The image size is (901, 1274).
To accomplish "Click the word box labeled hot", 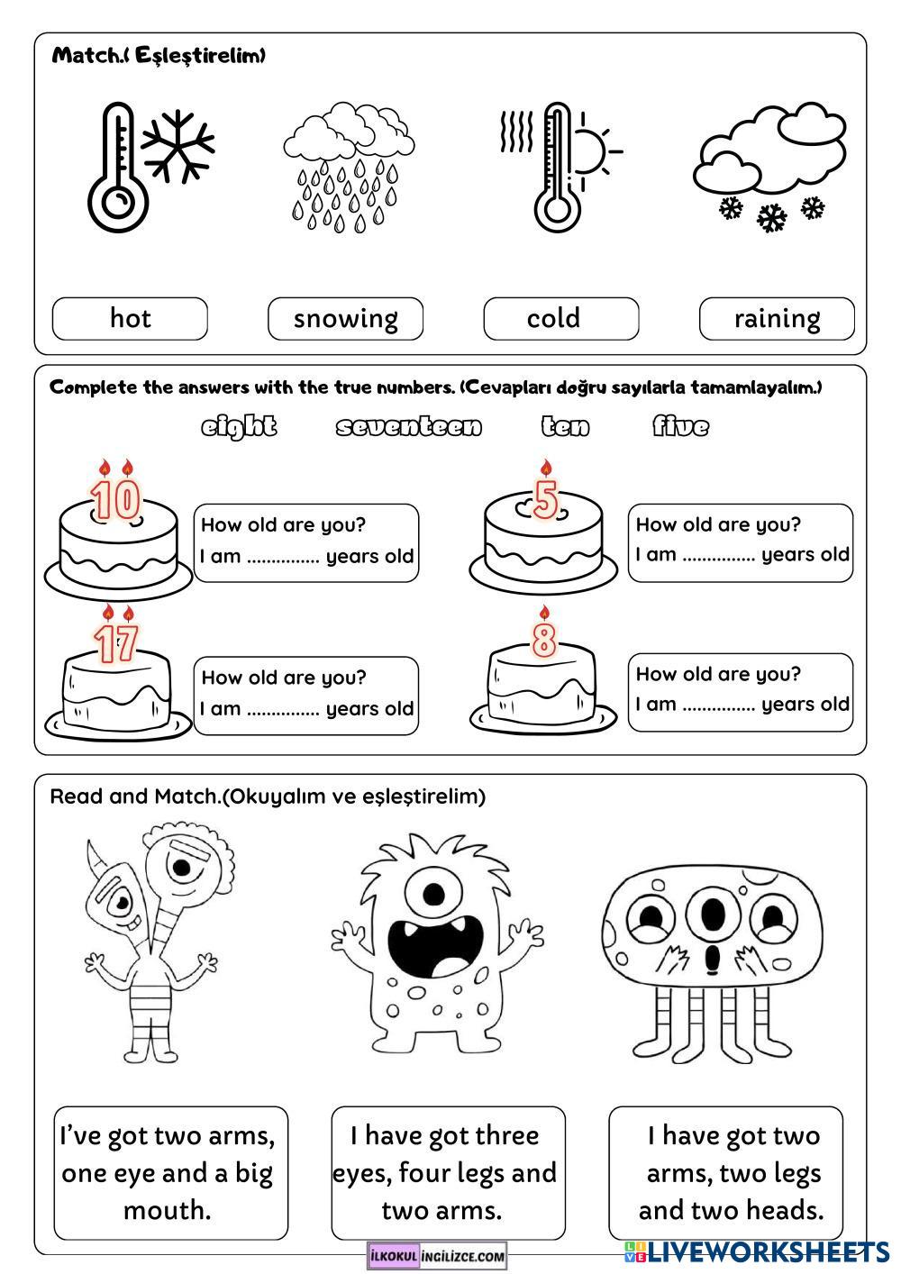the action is click(130, 319).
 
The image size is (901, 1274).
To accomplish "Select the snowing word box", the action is click(345, 319).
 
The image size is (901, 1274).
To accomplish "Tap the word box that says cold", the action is click(560, 319).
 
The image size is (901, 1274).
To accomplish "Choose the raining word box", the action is click(777, 319).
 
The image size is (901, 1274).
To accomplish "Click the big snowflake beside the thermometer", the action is click(177, 144).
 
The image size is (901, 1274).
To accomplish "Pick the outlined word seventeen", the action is click(409, 426).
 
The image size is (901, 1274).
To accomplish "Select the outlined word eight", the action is click(239, 426).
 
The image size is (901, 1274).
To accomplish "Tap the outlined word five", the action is click(680, 426).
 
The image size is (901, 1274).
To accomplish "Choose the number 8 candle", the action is click(543, 639).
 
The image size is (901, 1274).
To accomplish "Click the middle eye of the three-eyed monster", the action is click(712, 914).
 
